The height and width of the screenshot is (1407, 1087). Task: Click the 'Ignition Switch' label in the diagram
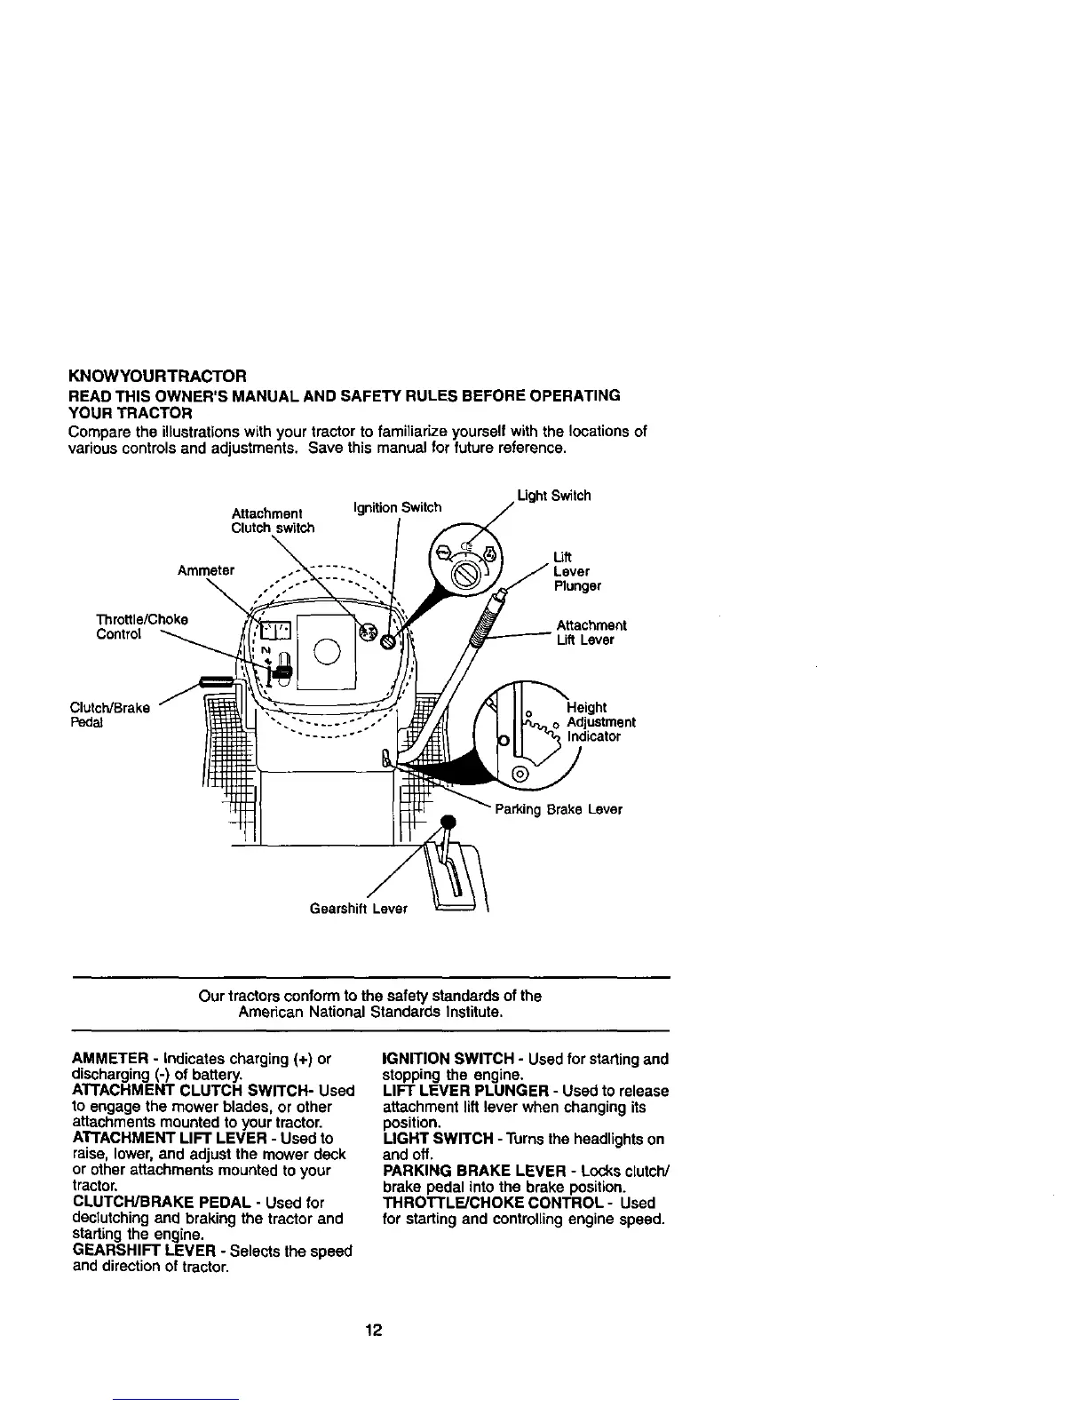[396, 507]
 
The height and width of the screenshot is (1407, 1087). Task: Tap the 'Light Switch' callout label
[553, 495]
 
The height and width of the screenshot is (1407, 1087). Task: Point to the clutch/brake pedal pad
[218, 681]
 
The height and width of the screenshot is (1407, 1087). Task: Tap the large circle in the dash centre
[327, 653]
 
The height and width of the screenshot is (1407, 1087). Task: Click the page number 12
[373, 1330]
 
